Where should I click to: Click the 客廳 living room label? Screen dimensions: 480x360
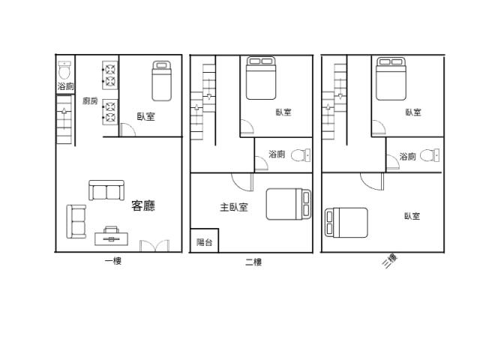[x=143, y=205]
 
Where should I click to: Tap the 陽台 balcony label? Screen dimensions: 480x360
[x=204, y=242]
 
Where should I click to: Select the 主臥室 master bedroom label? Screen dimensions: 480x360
[x=234, y=207]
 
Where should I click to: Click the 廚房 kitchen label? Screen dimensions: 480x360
[x=90, y=100]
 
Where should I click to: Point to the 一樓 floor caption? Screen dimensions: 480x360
[x=113, y=261]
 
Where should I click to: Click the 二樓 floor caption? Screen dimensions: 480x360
[x=253, y=262]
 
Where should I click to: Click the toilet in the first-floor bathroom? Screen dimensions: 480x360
[x=64, y=70]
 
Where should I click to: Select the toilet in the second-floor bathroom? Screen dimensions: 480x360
[x=301, y=155]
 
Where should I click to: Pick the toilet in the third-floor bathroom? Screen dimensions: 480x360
[x=430, y=155]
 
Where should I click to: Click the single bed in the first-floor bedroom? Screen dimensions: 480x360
[x=162, y=81]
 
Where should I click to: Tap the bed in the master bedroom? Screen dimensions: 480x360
[x=289, y=204]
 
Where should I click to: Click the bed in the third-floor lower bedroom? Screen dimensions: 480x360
[x=346, y=223]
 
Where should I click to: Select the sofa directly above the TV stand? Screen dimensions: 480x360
[x=106, y=190]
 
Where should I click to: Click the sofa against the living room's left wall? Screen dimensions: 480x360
[x=76, y=222]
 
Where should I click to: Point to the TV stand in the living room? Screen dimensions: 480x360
[x=111, y=236]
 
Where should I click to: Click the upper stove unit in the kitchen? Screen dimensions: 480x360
[x=110, y=75]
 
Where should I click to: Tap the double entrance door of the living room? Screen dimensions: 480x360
[x=154, y=246]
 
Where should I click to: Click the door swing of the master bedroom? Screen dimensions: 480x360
[x=242, y=182]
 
